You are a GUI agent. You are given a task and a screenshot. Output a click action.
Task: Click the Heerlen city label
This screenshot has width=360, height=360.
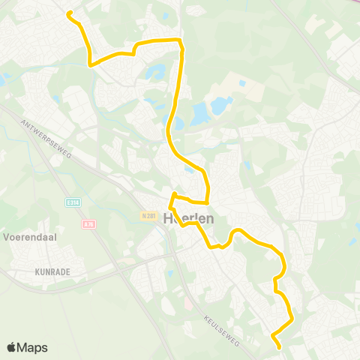tap(187, 218)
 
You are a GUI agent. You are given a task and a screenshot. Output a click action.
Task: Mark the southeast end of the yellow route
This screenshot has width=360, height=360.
tap(279, 346)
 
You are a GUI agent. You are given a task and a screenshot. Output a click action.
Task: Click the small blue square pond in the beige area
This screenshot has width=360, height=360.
tap(241, 83)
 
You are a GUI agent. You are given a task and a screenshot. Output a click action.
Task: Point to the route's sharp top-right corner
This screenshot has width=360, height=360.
tap(179, 40)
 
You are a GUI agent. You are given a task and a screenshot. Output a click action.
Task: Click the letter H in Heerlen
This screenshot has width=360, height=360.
tap(166, 218)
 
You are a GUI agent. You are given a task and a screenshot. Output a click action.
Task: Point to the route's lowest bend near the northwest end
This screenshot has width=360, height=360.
tap(91, 64)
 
